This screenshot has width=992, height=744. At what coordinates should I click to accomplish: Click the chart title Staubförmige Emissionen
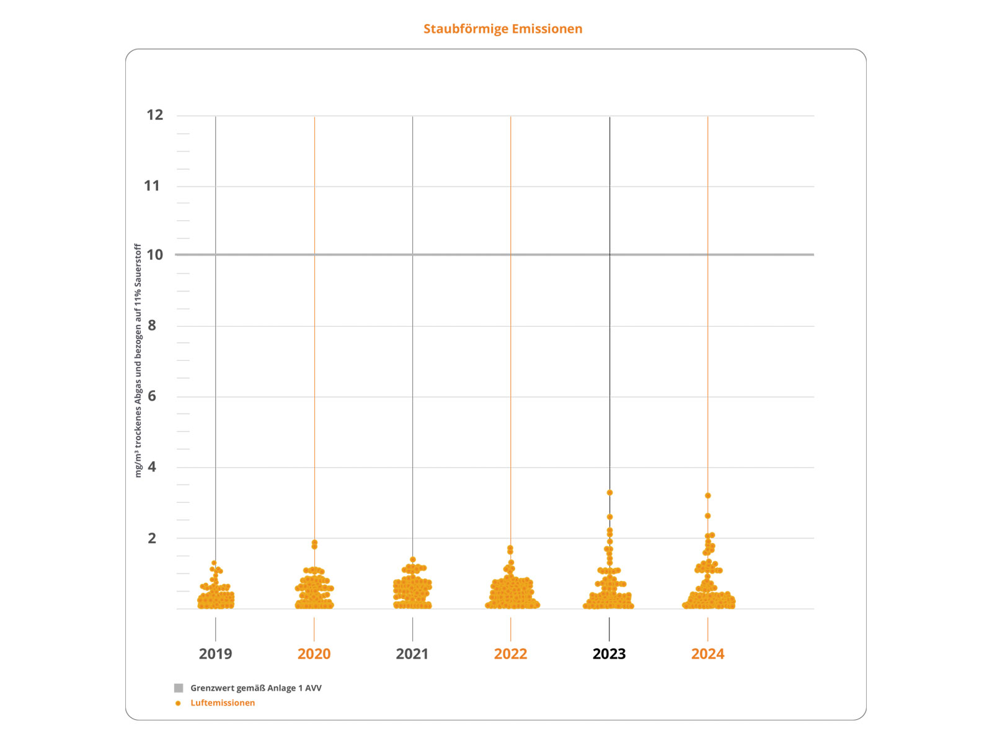click(503, 29)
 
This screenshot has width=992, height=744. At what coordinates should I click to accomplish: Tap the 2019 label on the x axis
click(215, 653)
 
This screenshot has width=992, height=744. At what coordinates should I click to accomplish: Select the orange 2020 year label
click(314, 653)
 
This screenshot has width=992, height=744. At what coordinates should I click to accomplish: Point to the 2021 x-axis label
click(412, 653)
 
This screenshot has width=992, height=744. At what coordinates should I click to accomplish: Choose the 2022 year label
click(510, 653)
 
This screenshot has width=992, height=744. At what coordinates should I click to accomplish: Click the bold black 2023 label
click(609, 653)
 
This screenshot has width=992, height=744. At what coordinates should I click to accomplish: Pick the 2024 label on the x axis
click(707, 653)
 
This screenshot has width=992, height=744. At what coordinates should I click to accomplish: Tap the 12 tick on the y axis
click(154, 115)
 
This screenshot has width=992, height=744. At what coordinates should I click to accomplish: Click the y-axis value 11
click(152, 185)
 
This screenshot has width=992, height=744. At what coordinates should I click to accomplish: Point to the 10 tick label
click(154, 255)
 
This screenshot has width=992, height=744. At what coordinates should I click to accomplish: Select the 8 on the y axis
click(152, 325)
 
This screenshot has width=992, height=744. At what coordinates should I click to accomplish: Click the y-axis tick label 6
click(152, 396)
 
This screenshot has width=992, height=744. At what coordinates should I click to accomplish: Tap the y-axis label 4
click(152, 467)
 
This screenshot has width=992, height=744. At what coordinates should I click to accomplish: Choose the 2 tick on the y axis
click(152, 538)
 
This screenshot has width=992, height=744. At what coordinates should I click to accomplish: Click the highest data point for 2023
click(609, 493)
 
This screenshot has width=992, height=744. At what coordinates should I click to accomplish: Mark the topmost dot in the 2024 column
click(707, 496)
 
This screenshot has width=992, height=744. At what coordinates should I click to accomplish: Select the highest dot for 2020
click(314, 542)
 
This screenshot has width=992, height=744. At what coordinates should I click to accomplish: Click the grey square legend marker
click(179, 688)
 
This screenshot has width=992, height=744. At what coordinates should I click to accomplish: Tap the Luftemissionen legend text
click(223, 703)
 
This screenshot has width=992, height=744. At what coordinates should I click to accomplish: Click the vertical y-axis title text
click(138, 360)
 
